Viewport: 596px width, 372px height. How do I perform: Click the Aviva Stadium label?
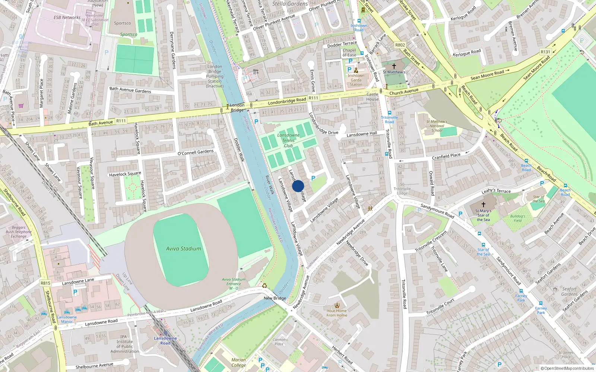tap(183, 248)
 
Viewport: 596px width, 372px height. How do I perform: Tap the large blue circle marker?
tap(298, 186)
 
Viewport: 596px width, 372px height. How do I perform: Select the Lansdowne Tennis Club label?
tap(288, 141)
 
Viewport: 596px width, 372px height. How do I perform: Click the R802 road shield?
tap(400, 45)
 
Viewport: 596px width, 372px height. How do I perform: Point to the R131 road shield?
tap(545, 52)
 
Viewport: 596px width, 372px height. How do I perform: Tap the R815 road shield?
tap(45, 283)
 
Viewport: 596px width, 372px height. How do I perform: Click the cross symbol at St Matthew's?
tap(394, 66)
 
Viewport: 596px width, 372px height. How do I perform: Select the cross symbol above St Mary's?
tap(484, 205)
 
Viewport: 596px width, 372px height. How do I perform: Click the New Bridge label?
tap(275, 298)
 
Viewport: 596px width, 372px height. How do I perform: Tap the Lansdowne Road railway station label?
tap(165, 340)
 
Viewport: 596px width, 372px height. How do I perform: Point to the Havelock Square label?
tap(125, 174)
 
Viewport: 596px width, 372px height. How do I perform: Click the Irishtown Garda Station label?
tap(356, 80)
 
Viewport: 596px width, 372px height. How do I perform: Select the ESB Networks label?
tap(67, 17)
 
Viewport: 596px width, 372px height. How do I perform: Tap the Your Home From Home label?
tap(337, 313)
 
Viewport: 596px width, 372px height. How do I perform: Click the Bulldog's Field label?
tap(518, 218)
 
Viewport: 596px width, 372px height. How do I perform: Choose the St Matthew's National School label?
tap(437, 126)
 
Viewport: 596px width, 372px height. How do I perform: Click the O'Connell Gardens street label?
tap(196, 152)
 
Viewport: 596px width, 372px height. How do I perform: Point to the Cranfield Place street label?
tap(446, 157)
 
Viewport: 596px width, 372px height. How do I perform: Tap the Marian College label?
tap(238, 362)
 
